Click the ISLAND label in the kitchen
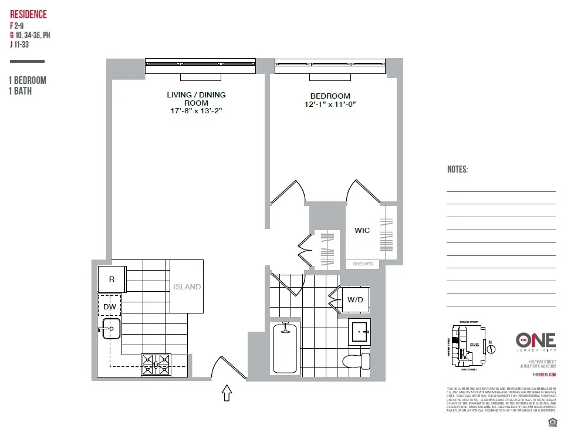tap(187, 287)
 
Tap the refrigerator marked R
tap(112, 279)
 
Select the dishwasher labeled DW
tap(110, 306)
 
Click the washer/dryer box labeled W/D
tap(355, 299)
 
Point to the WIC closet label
tap(362, 231)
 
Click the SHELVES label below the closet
tap(362, 264)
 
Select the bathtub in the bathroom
tap(286, 348)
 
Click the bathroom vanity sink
tap(359, 332)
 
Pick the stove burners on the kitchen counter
tap(156, 365)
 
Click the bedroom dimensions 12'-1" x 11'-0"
tap(330, 104)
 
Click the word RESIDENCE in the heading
tap(28, 15)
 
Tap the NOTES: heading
tap(458, 170)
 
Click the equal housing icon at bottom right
tap(551, 423)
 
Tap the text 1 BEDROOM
tap(27, 80)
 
